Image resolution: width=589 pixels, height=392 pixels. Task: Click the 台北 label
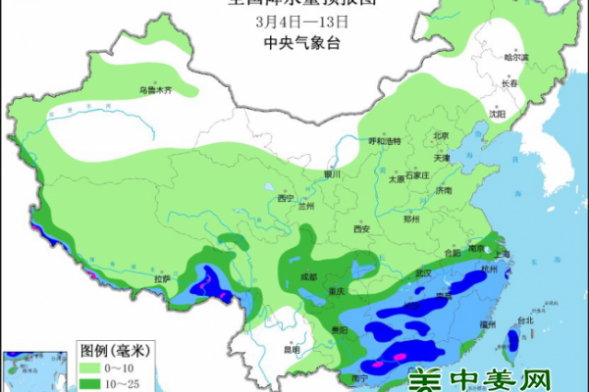tap(524, 319)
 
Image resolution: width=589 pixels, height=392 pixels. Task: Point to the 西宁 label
tap(286, 198)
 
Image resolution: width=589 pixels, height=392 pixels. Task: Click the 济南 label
tap(445, 190)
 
